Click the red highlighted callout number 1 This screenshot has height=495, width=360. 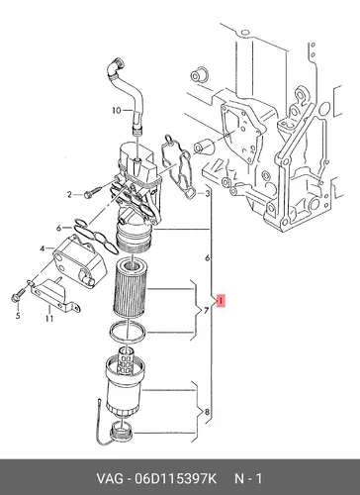click(x=221, y=301)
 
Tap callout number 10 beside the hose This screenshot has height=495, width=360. click(x=117, y=110)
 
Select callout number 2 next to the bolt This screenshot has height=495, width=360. click(x=69, y=195)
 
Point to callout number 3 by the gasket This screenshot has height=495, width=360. click(x=207, y=194)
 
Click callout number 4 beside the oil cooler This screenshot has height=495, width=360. click(x=43, y=248)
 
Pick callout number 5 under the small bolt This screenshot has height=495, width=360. click(x=18, y=316)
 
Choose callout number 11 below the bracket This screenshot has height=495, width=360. click(x=49, y=319)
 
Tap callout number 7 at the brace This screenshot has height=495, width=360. click(x=206, y=311)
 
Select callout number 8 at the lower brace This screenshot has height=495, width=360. click(x=207, y=412)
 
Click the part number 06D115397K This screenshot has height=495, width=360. click(x=175, y=478)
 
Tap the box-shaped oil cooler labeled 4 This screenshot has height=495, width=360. click(x=80, y=260)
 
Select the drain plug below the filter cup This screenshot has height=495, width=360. click(x=122, y=430)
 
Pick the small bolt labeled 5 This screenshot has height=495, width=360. click(x=18, y=295)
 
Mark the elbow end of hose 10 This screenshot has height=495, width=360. click(x=116, y=64)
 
